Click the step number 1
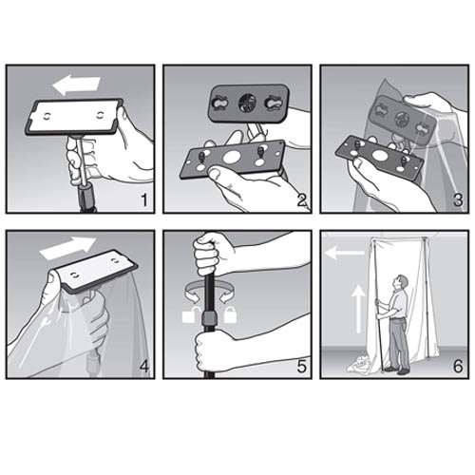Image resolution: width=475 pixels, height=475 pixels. (x=144, y=200)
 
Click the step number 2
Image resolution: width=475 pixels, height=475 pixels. (x=302, y=200)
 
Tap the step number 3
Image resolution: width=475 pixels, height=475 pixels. (x=458, y=200)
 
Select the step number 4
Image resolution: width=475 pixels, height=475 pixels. (x=144, y=367)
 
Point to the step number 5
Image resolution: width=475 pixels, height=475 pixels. (x=302, y=367)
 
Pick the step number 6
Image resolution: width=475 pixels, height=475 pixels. (x=458, y=367)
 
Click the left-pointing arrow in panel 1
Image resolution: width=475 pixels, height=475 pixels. (x=76, y=85)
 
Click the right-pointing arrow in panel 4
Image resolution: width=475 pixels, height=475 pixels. (x=67, y=248)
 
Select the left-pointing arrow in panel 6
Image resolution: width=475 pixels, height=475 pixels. (x=345, y=253)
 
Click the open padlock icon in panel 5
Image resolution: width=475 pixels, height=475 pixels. (x=190, y=314)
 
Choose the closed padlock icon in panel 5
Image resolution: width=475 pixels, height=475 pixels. (x=230, y=314)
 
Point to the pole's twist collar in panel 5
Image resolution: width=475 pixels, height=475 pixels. (x=210, y=317)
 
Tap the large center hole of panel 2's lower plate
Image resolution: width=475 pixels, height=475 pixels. (x=232, y=157)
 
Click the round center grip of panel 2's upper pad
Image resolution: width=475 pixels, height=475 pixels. (x=247, y=103)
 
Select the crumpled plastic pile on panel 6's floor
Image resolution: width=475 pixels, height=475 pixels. (x=360, y=364)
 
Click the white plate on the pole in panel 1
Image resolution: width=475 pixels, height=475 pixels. (x=73, y=116)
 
